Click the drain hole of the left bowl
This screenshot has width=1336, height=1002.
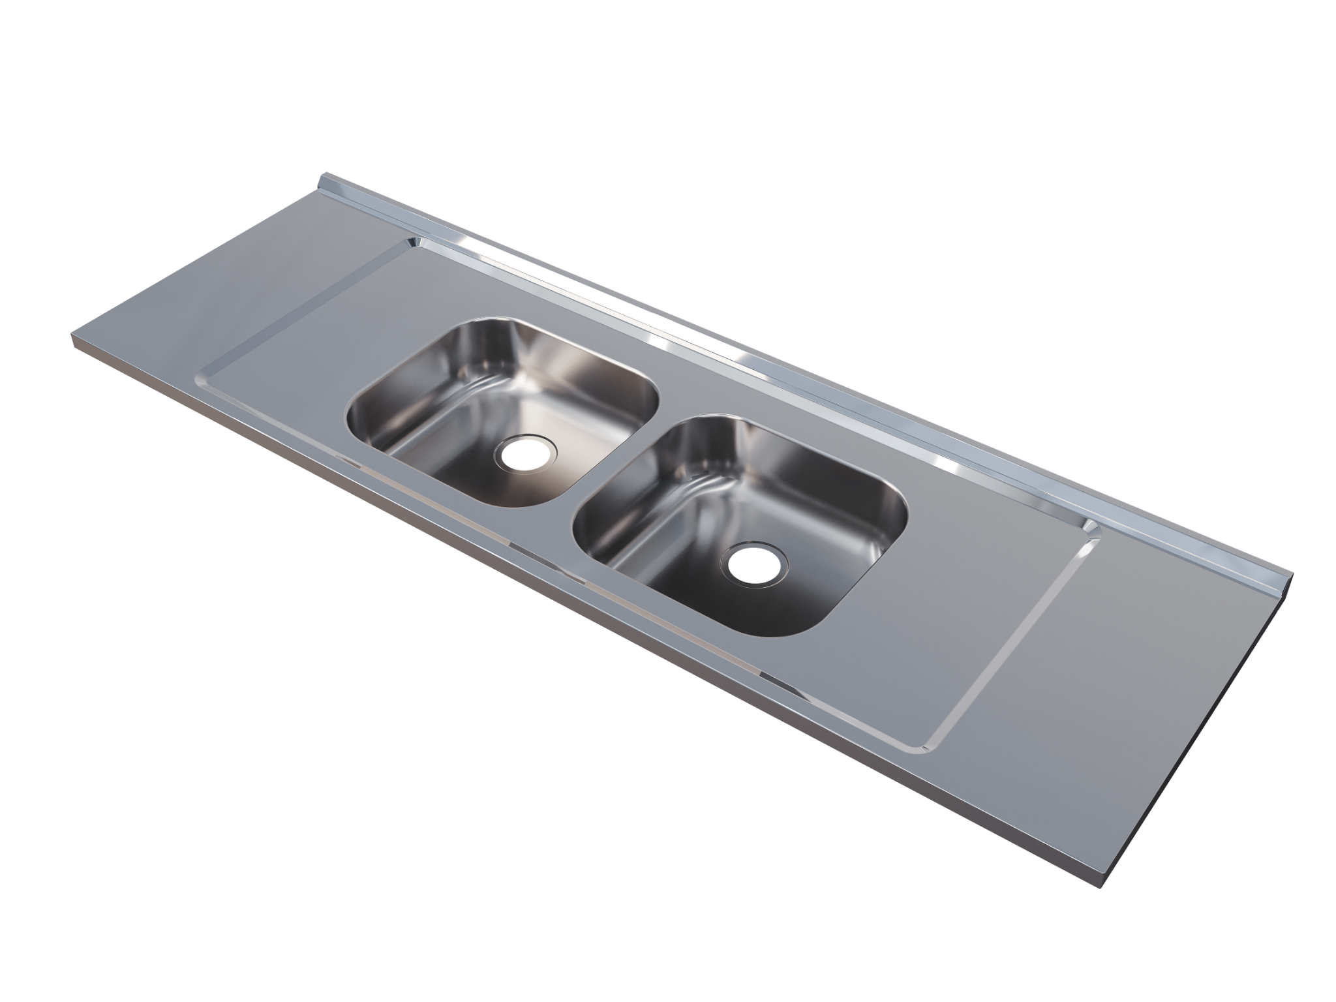[526, 451]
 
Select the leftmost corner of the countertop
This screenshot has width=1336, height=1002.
[70, 336]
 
